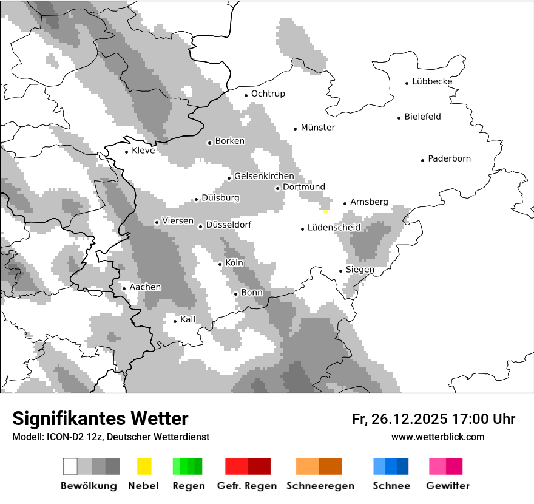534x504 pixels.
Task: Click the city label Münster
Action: point(318,128)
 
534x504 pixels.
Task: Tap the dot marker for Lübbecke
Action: point(407,83)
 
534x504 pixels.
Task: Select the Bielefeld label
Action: point(422,117)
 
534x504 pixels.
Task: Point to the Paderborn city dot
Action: point(422,160)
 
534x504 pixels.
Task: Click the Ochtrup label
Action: point(268,94)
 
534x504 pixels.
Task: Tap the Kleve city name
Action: point(143,151)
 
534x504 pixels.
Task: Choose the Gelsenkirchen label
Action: point(264,177)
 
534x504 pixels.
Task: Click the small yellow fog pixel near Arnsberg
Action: point(326,211)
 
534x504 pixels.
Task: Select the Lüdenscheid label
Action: point(334,228)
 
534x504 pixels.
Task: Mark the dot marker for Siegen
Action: point(341,271)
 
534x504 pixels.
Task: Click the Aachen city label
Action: point(145,287)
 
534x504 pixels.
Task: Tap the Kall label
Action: point(188,319)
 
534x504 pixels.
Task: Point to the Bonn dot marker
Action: point(236,294)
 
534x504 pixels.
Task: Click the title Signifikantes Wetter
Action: point(100,418)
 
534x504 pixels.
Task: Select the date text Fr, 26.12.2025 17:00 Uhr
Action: point(433,419)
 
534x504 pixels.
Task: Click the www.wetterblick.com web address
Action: point(438,437)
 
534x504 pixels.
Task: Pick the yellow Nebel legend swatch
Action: point(144,466)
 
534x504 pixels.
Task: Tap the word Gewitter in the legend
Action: point(447,486)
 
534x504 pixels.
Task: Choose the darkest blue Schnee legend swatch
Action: point(403,466)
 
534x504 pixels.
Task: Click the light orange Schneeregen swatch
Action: point(307,466)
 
